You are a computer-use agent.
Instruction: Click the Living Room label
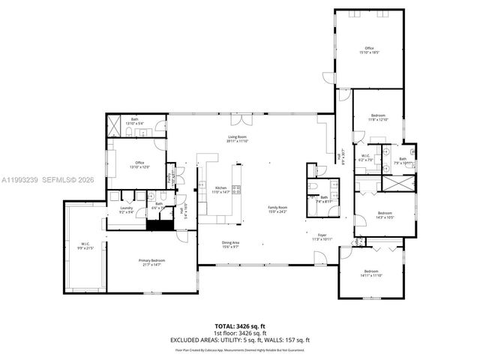click(x=238, y=139)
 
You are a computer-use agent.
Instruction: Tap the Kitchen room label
click(x=220, y=190)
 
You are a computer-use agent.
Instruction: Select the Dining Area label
click(x=230, y=244)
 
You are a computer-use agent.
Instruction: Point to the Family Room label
click(x=278, y=209)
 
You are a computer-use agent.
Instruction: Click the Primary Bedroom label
click(x=151, y=262)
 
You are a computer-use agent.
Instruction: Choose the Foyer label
click(x=322, y=237)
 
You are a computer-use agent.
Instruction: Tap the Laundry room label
click(x=126, y=210)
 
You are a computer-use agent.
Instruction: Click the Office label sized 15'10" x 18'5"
click(x=369, y=50)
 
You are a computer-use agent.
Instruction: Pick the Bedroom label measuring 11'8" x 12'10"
click(x=377, y=117)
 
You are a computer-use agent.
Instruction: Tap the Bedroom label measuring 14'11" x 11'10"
click(x=372, y=273)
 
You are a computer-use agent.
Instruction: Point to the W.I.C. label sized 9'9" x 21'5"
click(x=84, y=245)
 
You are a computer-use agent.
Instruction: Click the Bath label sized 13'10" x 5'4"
click(x=135, y=121)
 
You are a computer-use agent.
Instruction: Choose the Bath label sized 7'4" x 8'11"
click(x=324, y=199)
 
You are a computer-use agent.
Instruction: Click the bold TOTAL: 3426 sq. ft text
click(x=240, y=326)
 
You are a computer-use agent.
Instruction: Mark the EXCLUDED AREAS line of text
click(x=240, y=340)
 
